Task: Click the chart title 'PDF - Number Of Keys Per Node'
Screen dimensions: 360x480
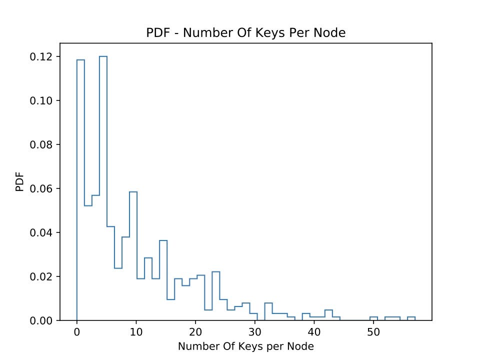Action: [x=246, y=33]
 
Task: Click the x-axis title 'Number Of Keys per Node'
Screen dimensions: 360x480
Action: [x=246, y=346]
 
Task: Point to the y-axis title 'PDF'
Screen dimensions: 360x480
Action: [x=20, y=182]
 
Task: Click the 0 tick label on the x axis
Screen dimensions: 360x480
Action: [x=76, y=331]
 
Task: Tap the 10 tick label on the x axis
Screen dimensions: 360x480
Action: [x=136, y=331]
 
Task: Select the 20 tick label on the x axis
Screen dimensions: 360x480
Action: [x=195, y=331]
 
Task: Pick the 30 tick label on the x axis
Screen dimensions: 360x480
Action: [x=255, y=331]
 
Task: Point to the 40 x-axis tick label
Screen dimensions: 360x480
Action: [x=314, y=331]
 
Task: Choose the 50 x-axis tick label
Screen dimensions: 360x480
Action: [x=373, y=331]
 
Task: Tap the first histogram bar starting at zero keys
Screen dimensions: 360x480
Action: [x=80, y=190]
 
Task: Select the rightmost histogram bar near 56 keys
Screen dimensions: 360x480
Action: [x=411, y=318]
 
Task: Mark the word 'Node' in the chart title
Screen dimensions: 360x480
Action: [x=332, y=33]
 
